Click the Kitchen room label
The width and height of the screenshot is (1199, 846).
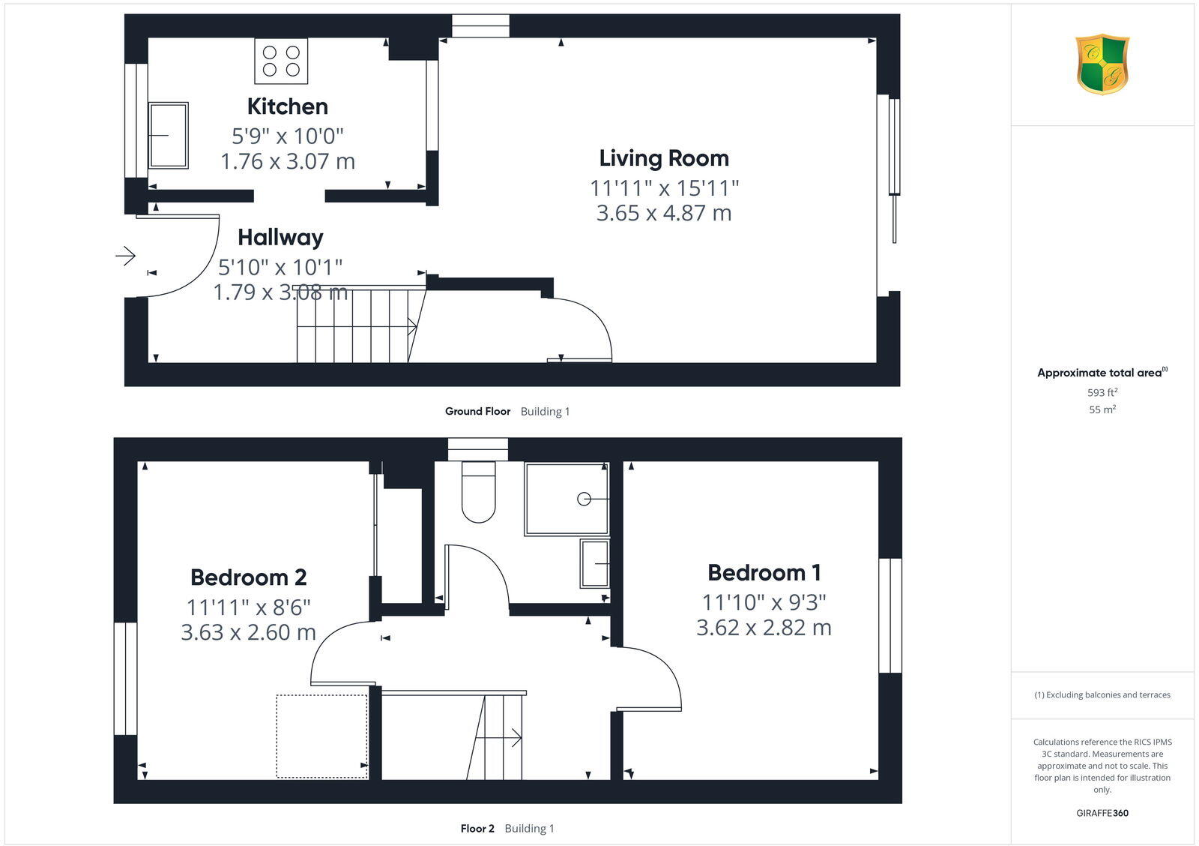click(x=287, y=106)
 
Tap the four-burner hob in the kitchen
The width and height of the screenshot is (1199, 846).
click(x=281, y=61)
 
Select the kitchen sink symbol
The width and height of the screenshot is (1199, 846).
click(x=168, y=136)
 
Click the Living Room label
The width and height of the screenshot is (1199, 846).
click(x=663, y=158)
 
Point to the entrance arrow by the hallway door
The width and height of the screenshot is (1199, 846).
click(x=125, y=256)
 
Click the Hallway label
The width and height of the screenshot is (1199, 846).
click(x=280, y=238)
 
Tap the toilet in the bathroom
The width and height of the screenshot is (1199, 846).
click(x=478, y=492)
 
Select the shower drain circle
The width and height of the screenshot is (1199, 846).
click(x=584, y=499)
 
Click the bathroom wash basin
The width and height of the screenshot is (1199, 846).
click(x=594, y=563)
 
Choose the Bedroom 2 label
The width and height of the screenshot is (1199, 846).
click(x=248, y=577)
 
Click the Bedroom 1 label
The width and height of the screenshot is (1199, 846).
click(x=764, y=573)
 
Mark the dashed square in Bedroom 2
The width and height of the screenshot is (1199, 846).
click(x=321, y=736)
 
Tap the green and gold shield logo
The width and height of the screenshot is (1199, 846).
click(x=1102, y=64)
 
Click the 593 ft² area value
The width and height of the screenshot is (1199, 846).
click(x=1102, y=392)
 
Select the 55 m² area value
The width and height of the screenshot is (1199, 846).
click(x=1102, y=409)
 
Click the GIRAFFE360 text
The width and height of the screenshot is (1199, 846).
click(x=1102, y=813)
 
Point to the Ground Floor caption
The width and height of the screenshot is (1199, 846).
click(x=477, y=411)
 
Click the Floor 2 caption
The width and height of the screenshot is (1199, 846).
click(x=477, y=829)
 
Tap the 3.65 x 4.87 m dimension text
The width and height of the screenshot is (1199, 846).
click(x=663, y=213)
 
